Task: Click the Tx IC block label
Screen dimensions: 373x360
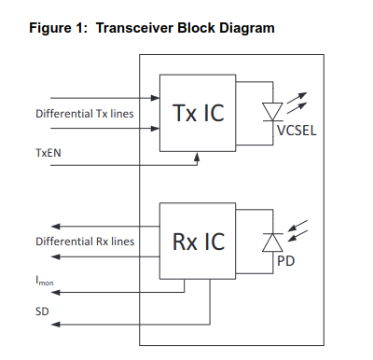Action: tap(198, 113)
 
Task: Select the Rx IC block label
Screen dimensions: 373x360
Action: tap(199, 242)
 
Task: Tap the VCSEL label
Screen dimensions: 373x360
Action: tap(297, 131)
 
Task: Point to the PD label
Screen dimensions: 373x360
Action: tap(285, 261)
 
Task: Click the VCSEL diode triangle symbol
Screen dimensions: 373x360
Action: tap(272, 112)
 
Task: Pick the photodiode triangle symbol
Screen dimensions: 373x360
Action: tap(272, 242)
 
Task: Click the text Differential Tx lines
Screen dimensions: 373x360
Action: tap(85, 114)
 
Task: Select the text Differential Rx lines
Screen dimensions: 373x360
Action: tap(85, 242)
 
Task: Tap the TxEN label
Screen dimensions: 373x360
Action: tap(48, 153)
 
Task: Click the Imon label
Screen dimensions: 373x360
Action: tap(45, 281)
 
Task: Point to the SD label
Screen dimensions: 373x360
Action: tap(42, 312)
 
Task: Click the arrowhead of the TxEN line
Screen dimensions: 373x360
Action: tap(197, 156)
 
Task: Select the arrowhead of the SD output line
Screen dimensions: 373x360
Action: tap(55, 325)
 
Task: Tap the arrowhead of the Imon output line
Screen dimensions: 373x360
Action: tap(55, 293)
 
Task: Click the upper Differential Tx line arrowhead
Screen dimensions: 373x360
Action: tap(155, 98)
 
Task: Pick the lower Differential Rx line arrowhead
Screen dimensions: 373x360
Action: tap(55, 256)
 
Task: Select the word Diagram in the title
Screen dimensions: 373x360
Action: tap(247, 29)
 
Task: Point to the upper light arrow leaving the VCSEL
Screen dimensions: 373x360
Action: tap(297, 98)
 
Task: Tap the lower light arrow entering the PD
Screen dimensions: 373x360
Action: tap(297, 235)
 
